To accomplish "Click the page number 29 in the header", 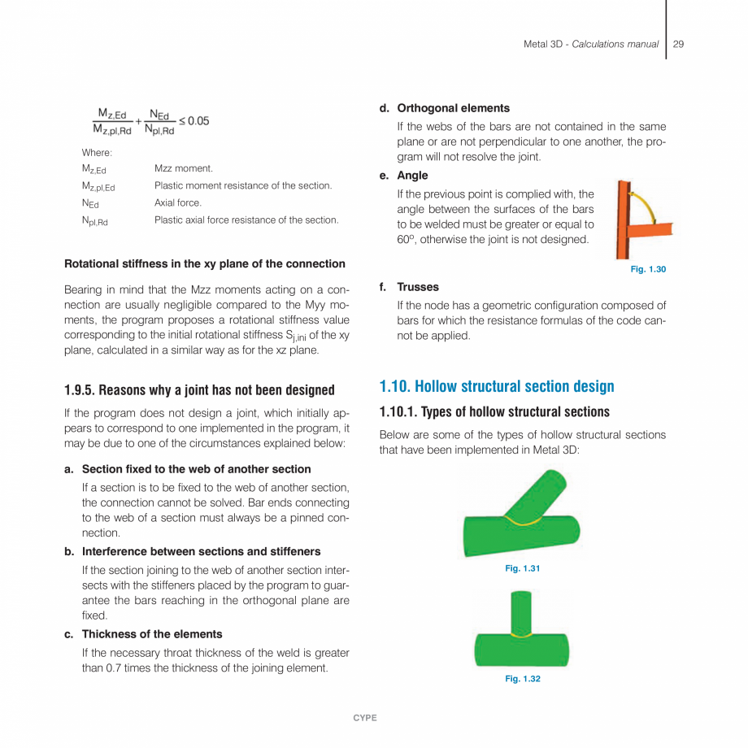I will (x=678, y=44).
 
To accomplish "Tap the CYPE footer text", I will (x=364, y=718).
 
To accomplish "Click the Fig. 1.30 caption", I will (x=648, y=269).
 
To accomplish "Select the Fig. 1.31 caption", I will (x=522, y=568).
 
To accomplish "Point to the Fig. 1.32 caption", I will (x=522, y=679).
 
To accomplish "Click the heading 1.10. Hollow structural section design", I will (x=497, y=386).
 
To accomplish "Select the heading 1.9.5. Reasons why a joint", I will (x=199, y=390).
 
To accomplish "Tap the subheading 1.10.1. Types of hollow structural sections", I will (x=494, y=411).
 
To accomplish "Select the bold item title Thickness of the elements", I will (x=152, y=634).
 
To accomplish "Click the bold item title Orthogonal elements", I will (x=453, y=108).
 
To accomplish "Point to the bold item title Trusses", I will (x=417, y=287).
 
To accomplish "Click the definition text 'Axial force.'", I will (x=178, y=202).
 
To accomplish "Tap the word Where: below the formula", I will (x=97, y=152).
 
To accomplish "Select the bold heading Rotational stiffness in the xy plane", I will (x=205, y=263).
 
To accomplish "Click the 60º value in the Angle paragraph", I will (x=404, y=240).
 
